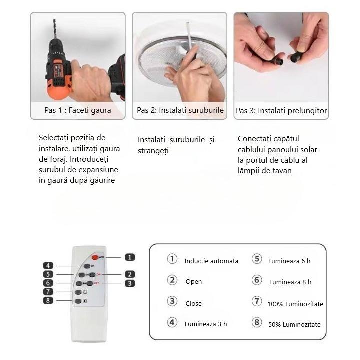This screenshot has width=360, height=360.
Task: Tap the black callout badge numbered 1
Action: click(x=130, y=257)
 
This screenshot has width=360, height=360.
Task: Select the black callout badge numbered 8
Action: click(x=48, y=300)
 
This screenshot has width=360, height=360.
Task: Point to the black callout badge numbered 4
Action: click(x=48, y=266)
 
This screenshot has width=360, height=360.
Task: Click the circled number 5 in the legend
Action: click(x=257, y=259)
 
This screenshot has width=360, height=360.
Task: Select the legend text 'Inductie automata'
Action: click(x=211, y=261)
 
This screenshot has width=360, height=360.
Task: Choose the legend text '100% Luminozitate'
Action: click(x=295, y=304)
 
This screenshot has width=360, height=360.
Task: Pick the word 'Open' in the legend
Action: click(x=194, y=281)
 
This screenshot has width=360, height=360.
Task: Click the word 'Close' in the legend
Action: click(x=194, y=303)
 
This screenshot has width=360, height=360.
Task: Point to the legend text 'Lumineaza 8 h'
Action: click(x=290, y=282)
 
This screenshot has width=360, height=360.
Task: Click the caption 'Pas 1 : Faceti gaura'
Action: click(x=77, y=110)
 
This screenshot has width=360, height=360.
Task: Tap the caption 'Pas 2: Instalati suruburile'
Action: click(x=180, y=110)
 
